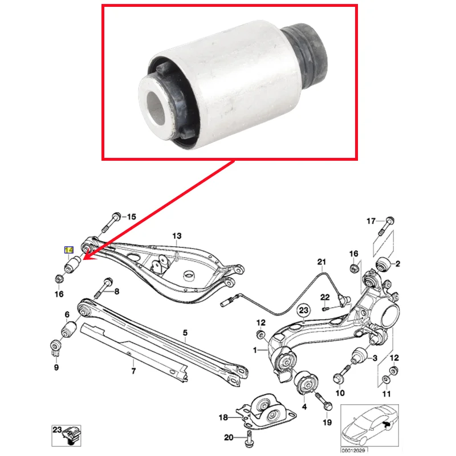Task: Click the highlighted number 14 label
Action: click(69, 250)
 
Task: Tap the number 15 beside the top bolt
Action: click(132, 217)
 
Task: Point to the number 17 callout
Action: click(371, 221)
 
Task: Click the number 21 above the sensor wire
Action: click(321, 262)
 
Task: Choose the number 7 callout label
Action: click(133, 372)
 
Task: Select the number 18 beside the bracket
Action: click(224, 418)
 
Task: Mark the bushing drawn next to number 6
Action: click(70, 329)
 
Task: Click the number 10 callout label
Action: click(340, 393)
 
